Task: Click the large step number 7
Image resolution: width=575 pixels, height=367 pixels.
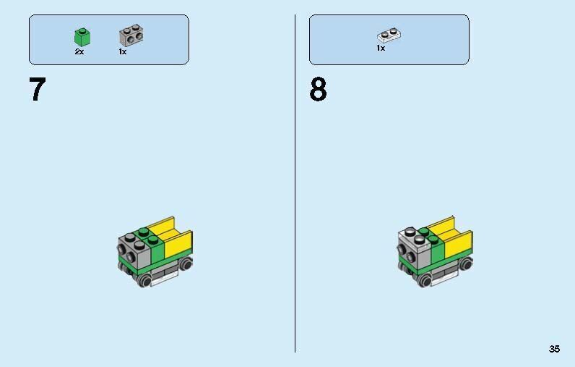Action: [38, 90]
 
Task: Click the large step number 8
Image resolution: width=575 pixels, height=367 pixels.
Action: [318, 90]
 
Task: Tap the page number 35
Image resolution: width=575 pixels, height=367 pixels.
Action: [554, 349]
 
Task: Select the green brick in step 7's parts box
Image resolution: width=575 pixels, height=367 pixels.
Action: [81, 37]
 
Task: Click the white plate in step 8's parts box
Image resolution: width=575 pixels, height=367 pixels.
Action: [389, 34]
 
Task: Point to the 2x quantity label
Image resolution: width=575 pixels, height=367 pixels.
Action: [79, 52]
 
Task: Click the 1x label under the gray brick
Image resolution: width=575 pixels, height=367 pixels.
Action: [123, 52]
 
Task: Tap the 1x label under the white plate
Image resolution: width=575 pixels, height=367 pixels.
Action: [381, 48]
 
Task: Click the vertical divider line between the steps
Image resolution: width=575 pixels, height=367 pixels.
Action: [295, 181]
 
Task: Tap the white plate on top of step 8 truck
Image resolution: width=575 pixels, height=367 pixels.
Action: [412, 235]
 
